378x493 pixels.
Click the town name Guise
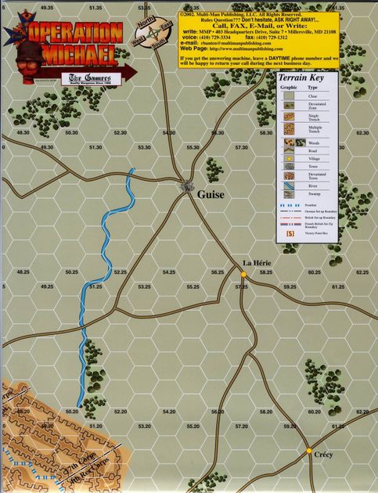(211, 194)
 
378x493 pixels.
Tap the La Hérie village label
(256, 263)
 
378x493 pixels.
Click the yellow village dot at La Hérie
(244, 274)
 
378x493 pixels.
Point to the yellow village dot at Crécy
(310, 451)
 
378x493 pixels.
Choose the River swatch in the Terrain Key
(289, 186)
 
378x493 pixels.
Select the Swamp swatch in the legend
(289, 196)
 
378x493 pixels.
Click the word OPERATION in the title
(76, 32)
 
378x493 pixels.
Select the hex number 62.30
(361, 133)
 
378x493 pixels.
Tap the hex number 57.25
(241, 287)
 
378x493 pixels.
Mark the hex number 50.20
(71, 411)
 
